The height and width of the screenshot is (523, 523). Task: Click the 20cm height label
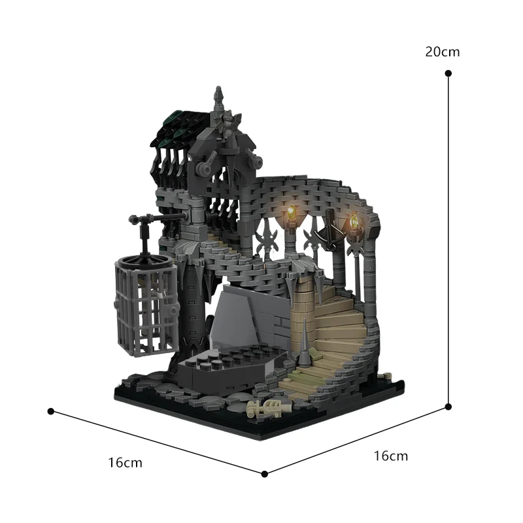[x=443, y=52]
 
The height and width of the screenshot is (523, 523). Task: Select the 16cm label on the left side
[x=125, y=463]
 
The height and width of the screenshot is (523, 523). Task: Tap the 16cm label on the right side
[x=391, y=456]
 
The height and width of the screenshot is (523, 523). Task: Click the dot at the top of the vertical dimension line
[x=448, y=74]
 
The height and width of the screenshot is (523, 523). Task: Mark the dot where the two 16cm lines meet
[x=265, y=473]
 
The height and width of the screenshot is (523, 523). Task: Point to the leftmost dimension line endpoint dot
[x=50, y=411]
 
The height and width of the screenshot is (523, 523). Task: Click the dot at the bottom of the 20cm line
[x=448, y=406]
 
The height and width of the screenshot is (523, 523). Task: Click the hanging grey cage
[x=144, y=302]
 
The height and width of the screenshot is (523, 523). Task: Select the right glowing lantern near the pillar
[x=354, y=222]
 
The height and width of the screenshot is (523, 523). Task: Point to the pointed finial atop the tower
[x=219, y=98]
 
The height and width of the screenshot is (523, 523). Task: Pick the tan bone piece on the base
[x=267, y=409]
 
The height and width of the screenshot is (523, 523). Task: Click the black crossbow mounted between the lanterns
[x=329, y=232]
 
